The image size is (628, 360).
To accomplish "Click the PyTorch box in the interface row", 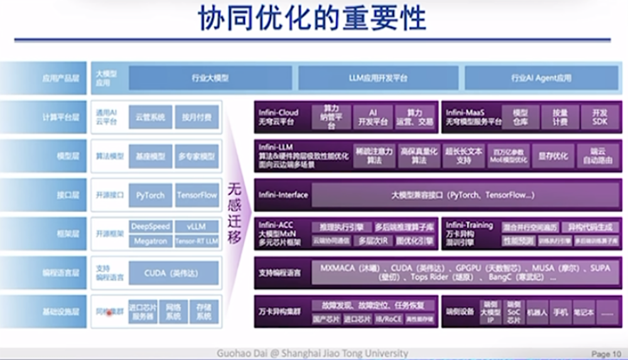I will (x=150, y=195).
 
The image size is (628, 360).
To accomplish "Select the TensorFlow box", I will (x=197, y=195).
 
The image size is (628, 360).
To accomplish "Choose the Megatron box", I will (x=150, y=241).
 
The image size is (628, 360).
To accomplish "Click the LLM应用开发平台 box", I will (x=378, y=78).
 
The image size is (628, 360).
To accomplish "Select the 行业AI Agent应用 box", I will (x=541, y=78).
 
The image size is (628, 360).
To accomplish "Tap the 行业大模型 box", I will (x=210, y=78).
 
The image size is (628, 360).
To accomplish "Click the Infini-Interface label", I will (x=283, y=195).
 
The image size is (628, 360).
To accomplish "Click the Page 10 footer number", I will (x=605, y=354).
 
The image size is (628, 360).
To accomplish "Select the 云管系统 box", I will (x=150, y=117).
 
